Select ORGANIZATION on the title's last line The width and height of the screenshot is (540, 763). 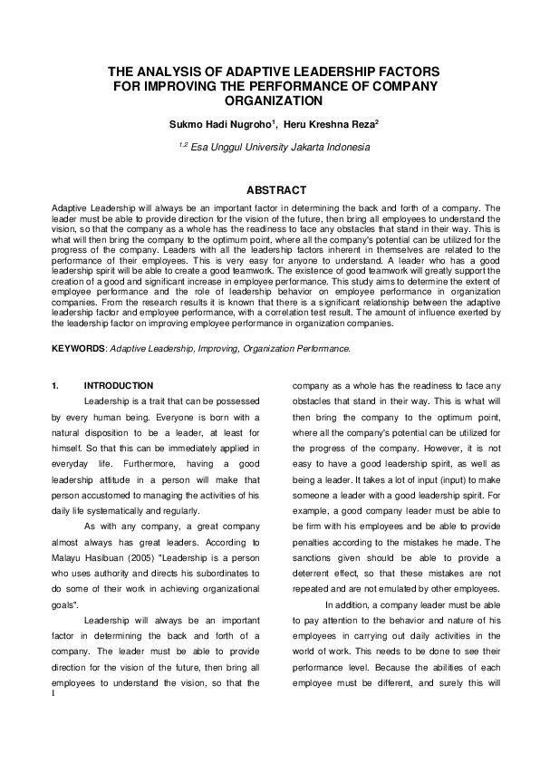[x=274, y=101]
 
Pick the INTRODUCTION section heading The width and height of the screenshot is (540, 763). [x=119, y=385]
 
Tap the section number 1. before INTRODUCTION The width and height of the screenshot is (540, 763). [x=56, y=385]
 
